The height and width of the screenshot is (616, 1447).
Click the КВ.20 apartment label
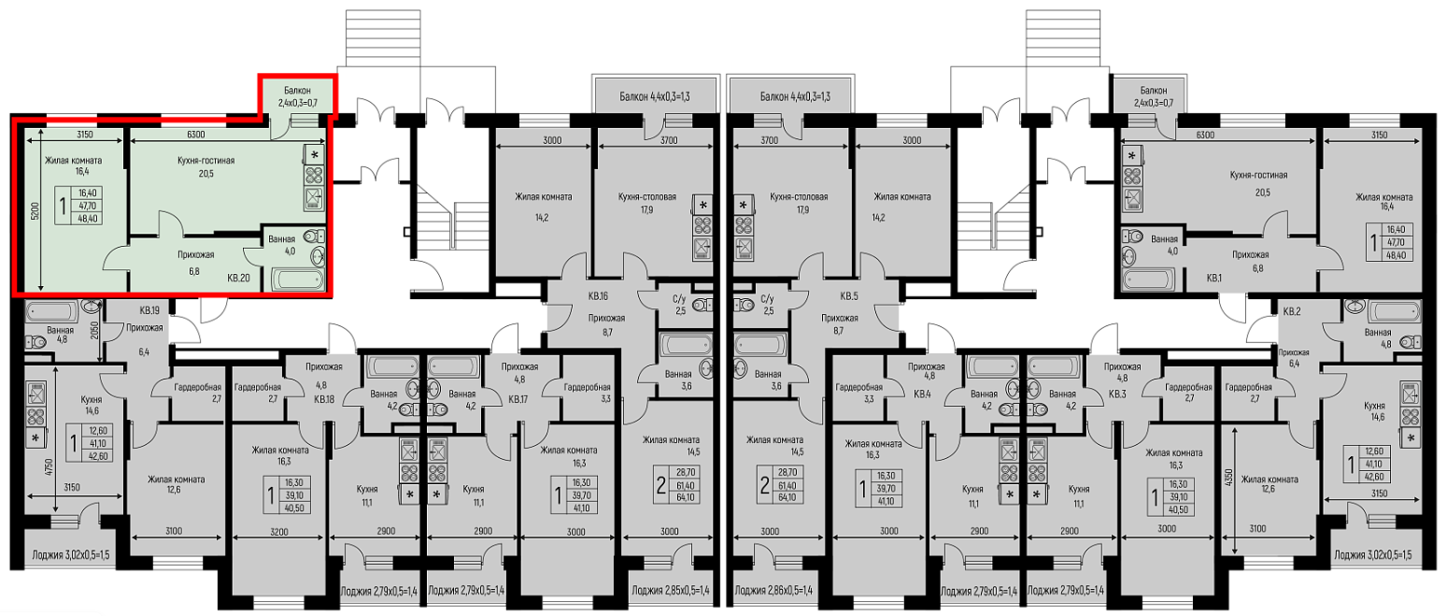click(x=238, y=278)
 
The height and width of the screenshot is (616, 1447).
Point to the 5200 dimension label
click(x=35, y=210)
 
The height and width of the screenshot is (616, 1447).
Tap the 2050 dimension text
click(x=94, y=331)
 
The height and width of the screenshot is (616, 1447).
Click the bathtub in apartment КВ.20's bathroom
click(x=298, y=279)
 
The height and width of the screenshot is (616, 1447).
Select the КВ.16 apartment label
click(x=598, y=296)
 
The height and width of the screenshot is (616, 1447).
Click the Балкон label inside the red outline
click(x=297, y=91)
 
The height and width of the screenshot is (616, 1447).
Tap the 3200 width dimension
click(x=279, y=532)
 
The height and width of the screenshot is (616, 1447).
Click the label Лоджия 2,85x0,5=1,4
click(x=671, y=590)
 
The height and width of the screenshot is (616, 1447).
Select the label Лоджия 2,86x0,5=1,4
click(x=773, y=590)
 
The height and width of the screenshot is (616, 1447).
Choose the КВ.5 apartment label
click(x=849, y=296)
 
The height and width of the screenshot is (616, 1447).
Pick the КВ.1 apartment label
click(x=1214, y=278)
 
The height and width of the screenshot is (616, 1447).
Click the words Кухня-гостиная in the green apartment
click(x=206, y=160)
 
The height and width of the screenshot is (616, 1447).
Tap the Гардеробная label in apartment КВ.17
click(x=588, y=387)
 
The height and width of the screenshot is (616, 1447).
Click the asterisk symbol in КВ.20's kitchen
click(x=315, y=155)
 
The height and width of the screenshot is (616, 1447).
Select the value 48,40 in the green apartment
click(x=88, y=219)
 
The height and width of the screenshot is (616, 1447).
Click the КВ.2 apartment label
click(x=1291, y=311)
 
